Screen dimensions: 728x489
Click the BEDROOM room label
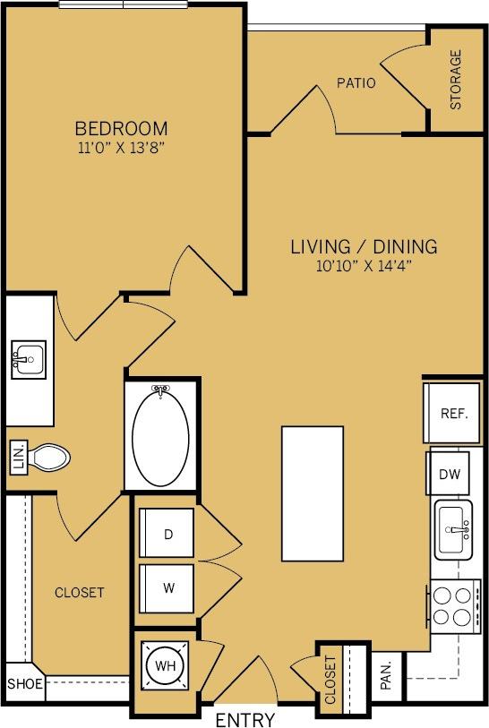click(x=121, y=128)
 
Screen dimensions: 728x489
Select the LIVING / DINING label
click(x=364, y=245)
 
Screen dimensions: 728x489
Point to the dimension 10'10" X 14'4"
click(x=364, y=265)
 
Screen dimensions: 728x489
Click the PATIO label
click(x=356, y=83)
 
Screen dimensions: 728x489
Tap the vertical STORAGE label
click(x=456, y=80)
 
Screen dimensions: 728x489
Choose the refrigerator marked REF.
click(x=451, y=414)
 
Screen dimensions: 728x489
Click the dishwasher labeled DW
click(x=449, y=474)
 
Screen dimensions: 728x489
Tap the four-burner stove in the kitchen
click(x=453, y=604)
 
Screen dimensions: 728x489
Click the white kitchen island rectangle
click(x=313, y=491)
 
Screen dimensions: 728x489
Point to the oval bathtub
click(x=161, y=435)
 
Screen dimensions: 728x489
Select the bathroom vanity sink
click(x=28, y=360)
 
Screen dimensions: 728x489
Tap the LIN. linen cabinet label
click(x=17, y=458)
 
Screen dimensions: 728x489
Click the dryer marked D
click(x=167, y=535)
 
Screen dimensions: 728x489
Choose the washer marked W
click(x=167, y=588)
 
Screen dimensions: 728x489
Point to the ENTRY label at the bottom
click(x=244, y=719)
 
